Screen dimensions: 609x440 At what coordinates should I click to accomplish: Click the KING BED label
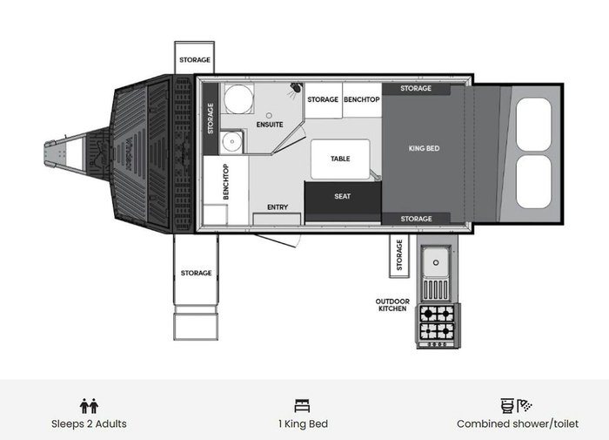[424, 148]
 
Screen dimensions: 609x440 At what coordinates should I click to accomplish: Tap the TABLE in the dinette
[340, 159]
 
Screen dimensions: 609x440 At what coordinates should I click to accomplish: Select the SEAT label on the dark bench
[342, 196]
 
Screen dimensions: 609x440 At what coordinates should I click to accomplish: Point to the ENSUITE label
[270, 125]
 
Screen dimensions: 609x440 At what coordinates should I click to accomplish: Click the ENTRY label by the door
[278, 207]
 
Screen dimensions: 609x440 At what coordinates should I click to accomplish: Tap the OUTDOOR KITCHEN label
[392, 305]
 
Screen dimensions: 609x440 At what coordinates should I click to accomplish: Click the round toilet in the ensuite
[238, 98]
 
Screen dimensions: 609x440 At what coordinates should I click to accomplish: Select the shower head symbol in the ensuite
[296, 89]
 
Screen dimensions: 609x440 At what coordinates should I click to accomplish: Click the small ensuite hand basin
[232, 141]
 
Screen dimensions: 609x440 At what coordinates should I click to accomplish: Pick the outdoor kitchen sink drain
[436, 262]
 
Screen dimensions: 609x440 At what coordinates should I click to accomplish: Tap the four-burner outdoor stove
[438, 325]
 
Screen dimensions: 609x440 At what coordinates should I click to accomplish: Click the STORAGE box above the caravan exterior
[194, 58]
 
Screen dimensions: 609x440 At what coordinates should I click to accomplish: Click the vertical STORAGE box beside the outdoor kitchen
[399, 256]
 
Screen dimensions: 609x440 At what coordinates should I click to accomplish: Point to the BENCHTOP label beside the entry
[225, 182]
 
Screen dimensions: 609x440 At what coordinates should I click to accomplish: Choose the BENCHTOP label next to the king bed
[362, 99]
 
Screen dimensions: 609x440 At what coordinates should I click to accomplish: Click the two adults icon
[89, 406]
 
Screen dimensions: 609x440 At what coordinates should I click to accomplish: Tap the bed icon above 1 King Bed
[303, 406]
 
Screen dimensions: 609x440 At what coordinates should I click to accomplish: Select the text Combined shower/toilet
[518, 423]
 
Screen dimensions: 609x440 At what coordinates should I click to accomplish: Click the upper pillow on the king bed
[534, 124]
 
